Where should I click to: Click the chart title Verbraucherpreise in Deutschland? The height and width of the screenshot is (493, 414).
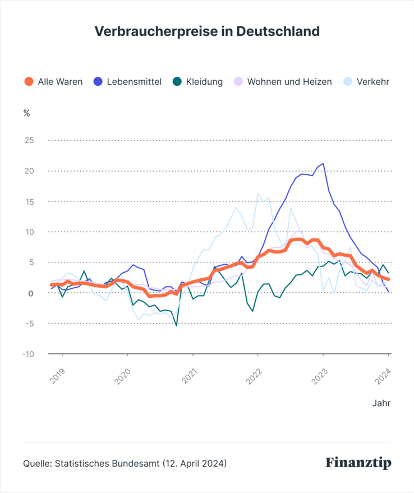(x=207, y=31)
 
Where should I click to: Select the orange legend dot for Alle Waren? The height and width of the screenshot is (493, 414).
(x=29, y=82)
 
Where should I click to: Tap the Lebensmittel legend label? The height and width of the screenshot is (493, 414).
(x=135, y=82)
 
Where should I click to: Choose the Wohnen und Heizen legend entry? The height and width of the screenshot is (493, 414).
(x=289, y=82)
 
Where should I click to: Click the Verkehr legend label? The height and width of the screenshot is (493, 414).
(x=372, y=82)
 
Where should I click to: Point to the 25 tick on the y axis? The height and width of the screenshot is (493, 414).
(x=28, y=140)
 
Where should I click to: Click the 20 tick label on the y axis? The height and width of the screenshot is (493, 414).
(x=28, y=171)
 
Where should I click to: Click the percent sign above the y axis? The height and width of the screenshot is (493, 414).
(x=26, y=112)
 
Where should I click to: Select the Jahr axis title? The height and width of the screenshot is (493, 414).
(x=381, y=403)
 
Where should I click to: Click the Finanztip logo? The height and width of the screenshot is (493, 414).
(x=358, y=463)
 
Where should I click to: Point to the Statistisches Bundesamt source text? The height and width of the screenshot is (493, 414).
(x=125, y=464)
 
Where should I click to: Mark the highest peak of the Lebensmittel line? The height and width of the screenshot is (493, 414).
(x=323, y=164)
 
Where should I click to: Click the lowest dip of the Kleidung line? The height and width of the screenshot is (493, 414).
(x=176, y=325)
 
